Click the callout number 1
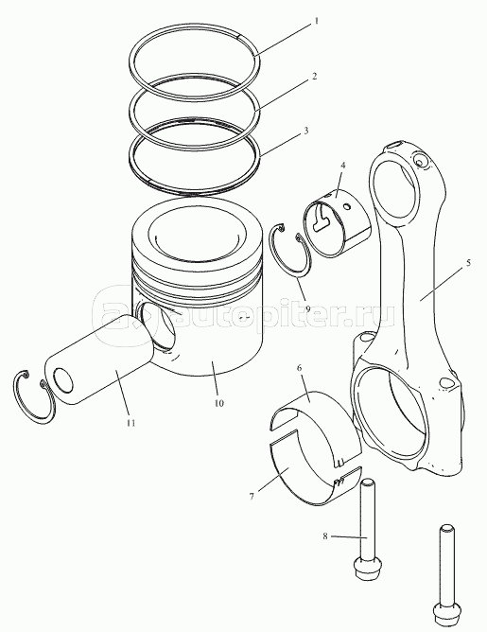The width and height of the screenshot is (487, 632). (317, 21)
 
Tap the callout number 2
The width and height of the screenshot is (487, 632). (315, 76)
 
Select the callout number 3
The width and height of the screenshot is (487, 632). (306, 131)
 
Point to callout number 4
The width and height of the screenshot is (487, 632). (343, 166)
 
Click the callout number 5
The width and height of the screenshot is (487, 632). (468, 263)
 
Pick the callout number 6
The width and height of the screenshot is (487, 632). (299, 368)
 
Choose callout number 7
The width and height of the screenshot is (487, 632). (252, 496)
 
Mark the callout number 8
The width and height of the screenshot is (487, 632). (325, 536)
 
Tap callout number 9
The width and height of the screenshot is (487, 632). (307, 308)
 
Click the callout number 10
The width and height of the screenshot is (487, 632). (218, 403)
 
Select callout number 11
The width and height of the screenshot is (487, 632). (130, 423)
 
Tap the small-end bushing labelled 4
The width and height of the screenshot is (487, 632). (337, 222)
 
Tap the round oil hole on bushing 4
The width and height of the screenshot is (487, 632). (346, 207)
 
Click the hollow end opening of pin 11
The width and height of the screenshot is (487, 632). (62, 380)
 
